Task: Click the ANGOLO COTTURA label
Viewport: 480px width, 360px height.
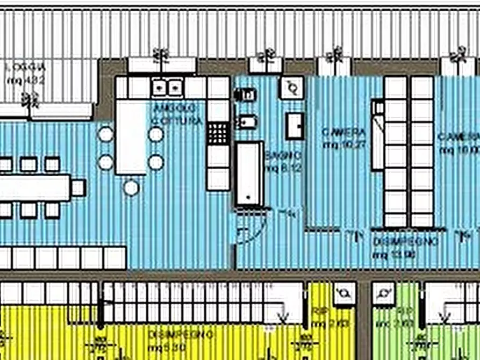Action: [177, 114]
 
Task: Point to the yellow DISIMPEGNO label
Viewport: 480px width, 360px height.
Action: [181, 335]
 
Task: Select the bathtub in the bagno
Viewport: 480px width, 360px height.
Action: [250, 174]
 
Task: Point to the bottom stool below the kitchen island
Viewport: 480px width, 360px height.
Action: [131, 187]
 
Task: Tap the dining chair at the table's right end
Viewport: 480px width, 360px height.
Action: [78, 188]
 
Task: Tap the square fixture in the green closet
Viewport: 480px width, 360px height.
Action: [384, 294]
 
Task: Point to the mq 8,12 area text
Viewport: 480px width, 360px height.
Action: [283, 167]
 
